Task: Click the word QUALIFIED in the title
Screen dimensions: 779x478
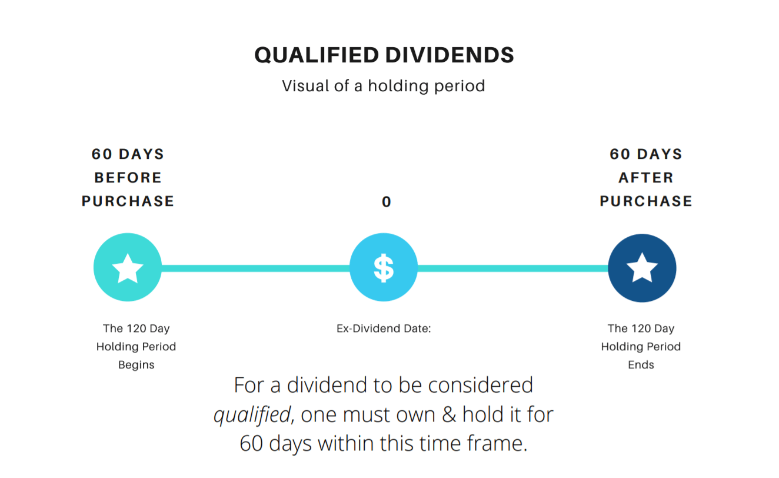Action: tap(317, 55)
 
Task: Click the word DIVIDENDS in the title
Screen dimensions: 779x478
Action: tap(450, 55)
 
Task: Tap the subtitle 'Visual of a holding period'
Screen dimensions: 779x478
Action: tap(383, 86)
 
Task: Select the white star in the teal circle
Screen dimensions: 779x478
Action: tap(128, 268)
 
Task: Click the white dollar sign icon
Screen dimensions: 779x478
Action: tap(384, 267)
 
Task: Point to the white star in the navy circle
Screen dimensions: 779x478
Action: tap(642, 267)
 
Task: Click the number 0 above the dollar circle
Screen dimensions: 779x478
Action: tap(387, 202)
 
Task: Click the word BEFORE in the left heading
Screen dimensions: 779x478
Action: tap(128, 178)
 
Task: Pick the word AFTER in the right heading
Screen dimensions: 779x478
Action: tap(646, 178)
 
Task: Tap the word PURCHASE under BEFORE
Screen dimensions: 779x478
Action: tap(128, 201)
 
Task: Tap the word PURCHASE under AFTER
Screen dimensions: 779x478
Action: tap(646, 201)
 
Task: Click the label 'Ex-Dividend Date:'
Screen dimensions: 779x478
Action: tap(384, 328)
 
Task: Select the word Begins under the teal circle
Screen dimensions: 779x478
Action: tap(136, 365)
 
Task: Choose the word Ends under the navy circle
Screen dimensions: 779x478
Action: tap(641, 364)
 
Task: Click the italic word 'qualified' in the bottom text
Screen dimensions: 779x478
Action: tap(252, 415)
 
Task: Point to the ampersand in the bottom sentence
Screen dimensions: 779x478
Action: tap(448, 414)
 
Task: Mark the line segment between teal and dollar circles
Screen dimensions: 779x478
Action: tap(255, 268)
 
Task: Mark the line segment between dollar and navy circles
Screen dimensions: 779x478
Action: tap(512, 268)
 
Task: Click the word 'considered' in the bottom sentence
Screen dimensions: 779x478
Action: tap(480, 385)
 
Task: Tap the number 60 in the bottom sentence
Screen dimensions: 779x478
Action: tap(251, 443)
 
